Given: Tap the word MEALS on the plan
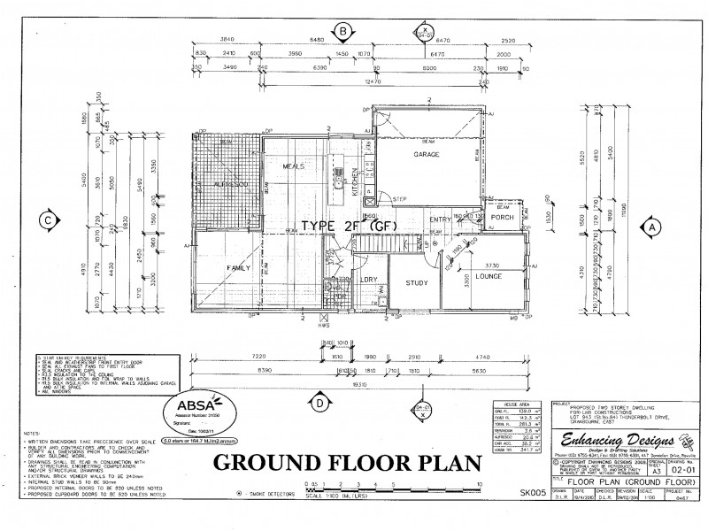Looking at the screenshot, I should (294, 165).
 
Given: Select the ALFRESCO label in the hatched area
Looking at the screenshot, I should (229, 184).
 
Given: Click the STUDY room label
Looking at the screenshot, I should (417, 284).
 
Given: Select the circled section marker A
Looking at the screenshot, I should (652, 227).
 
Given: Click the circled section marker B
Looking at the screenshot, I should (341, 33).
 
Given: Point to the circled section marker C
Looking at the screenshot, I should (50, 220).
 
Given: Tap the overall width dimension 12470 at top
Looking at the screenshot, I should (360, 81).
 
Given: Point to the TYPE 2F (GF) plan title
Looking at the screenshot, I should (348, 225).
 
